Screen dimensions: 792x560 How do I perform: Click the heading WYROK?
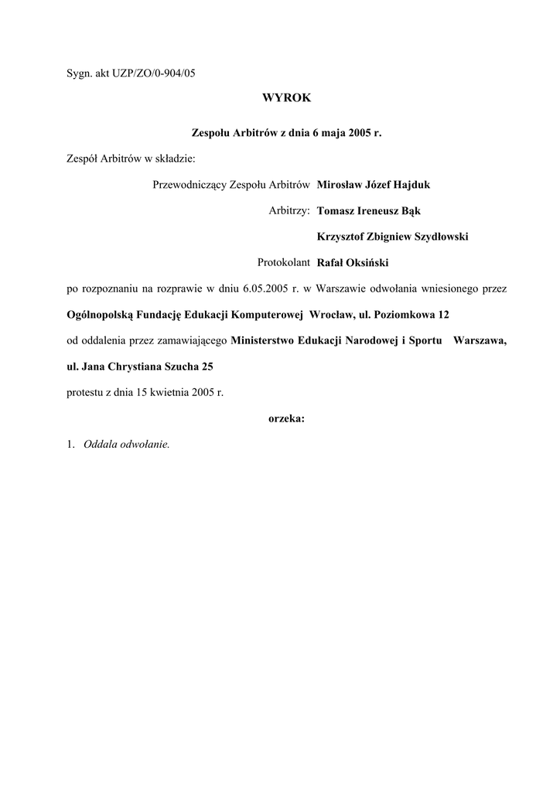click(x=286, y=98)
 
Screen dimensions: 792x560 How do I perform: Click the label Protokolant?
click(x=284, y=263)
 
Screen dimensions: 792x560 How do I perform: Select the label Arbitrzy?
click(x=289, y=210)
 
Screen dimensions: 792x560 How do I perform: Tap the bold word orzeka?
click(x=286, y=418)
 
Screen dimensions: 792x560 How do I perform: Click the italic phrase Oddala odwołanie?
click(x=126, y=445)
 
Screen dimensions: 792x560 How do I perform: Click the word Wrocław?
click(x=332, y=316)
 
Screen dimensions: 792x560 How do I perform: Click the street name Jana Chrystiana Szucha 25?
click(x=147, y=367)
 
